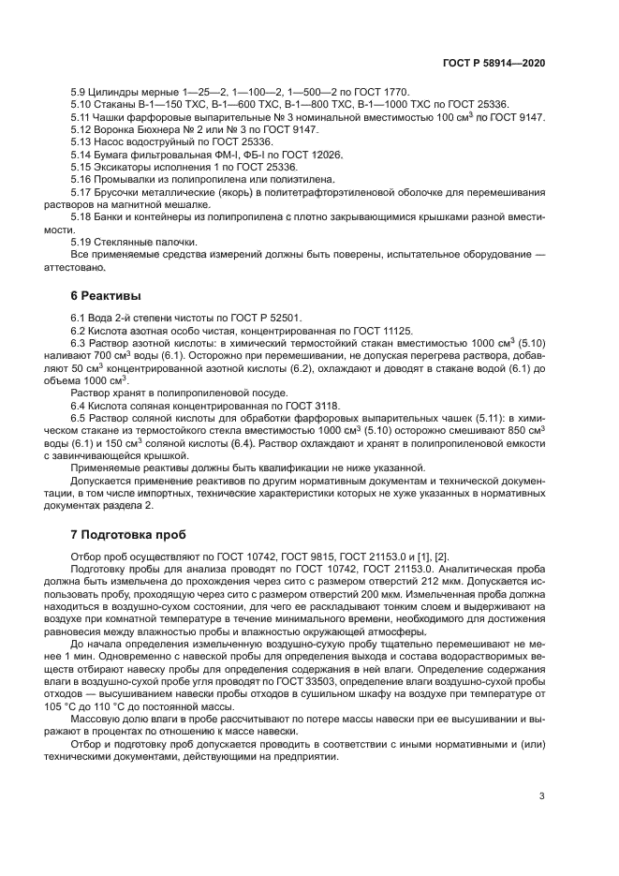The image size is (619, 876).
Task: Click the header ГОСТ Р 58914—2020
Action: (x=494, y=61)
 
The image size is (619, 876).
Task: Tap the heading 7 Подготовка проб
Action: (x=136, y=536)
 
